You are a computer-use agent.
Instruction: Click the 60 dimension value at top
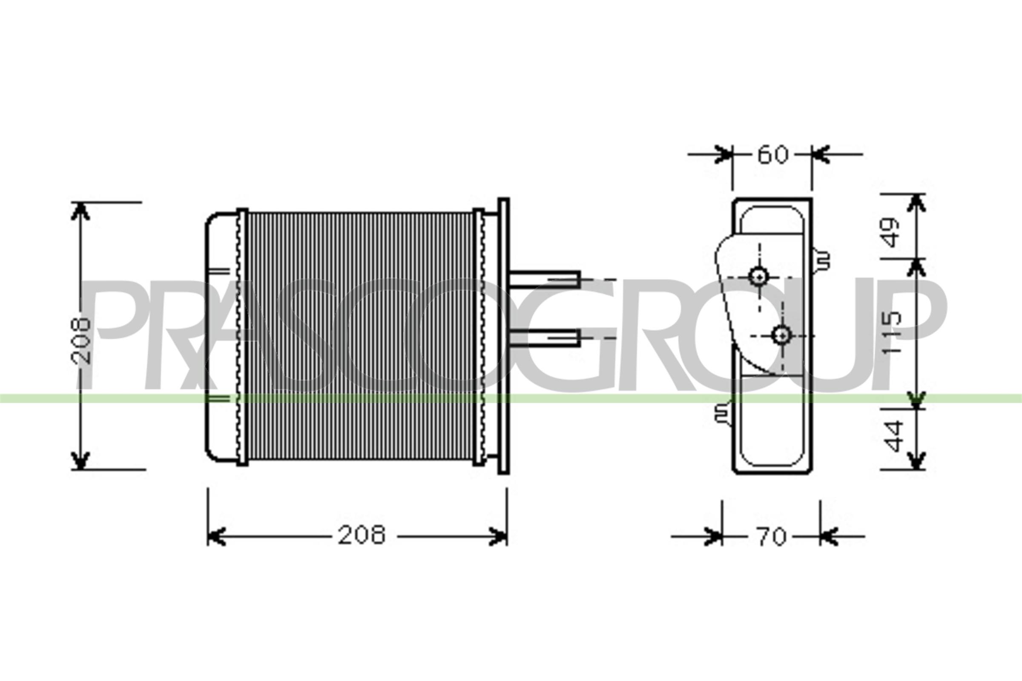click(x=772, y=155)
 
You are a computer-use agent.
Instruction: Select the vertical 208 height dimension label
click(x=81, y=341)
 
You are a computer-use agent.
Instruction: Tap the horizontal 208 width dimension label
click(x=362, y=535)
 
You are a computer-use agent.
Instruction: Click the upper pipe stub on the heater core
click(x=545, y=279)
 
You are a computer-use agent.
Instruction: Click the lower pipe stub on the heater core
click(x=545, y=338)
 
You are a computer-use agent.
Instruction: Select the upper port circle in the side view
click(x=759, y=276)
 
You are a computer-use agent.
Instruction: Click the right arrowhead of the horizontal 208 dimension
click(x=499, y=536)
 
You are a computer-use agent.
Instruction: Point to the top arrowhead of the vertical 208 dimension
click(x=80, y=212)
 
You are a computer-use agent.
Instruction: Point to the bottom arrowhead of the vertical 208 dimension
click(x=80, y=461)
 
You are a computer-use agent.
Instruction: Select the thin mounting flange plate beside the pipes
click(x=503, y=336)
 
